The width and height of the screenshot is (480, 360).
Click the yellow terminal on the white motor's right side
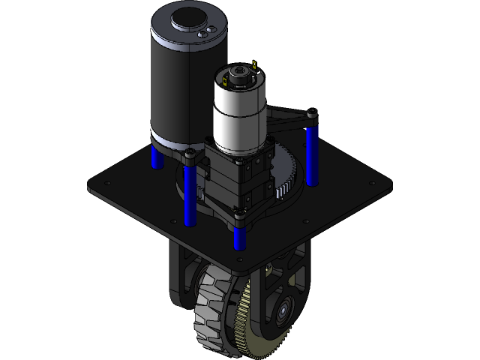tap(255, 66)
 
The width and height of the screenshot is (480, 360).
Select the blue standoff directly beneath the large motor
tap(156, 156)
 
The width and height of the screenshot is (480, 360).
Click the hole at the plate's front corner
tap(238, 260)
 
